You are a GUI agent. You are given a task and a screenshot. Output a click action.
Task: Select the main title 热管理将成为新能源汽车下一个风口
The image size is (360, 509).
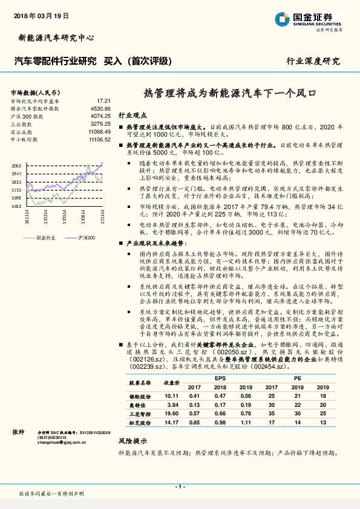point(230,94)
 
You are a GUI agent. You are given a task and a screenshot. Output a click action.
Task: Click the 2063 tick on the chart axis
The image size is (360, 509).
point(16,165)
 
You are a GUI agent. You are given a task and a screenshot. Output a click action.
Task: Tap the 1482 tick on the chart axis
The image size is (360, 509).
point(16,206)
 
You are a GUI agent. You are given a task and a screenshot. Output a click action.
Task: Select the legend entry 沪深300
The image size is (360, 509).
point(87,238)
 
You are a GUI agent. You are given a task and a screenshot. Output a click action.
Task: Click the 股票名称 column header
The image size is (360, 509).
point(139,383)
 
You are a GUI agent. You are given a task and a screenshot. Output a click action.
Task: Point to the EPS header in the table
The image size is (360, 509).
point(220,378)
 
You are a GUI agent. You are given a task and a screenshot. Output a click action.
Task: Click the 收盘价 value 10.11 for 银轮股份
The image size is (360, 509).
point(171,395)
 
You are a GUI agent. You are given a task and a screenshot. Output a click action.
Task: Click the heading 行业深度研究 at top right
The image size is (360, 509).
point(313,61)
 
